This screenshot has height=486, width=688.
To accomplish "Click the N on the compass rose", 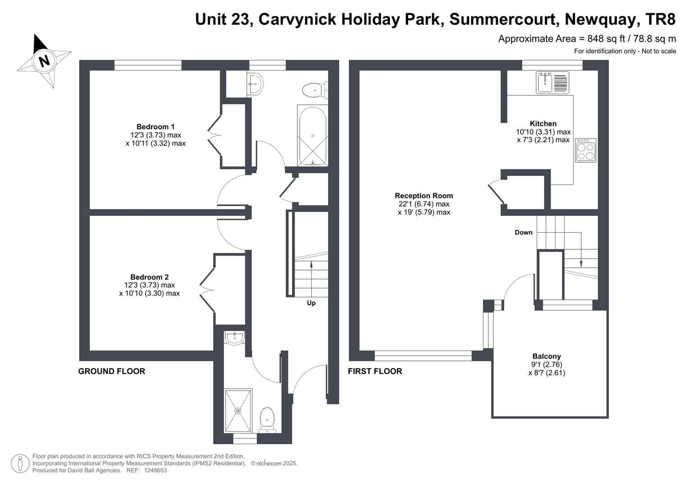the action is click(45, 61).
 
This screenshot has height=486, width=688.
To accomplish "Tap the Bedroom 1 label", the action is click(155, 127).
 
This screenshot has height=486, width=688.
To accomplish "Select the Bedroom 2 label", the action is click(149, 277).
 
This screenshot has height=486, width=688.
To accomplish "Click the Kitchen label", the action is click(543, 124).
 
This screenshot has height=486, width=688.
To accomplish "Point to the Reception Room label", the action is click(424, 196).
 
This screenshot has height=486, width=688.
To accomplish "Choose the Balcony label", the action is click(547, 356).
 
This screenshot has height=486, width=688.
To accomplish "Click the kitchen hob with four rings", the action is click(586, 150).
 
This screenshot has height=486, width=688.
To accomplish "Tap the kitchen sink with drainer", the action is click(552, 82).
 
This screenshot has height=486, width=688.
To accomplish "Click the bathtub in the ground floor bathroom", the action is click(313, 136).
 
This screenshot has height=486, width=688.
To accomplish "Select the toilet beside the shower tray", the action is click(267, 420).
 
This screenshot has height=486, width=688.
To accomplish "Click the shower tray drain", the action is click(238, 411).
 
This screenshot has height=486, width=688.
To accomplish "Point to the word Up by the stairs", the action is click(311, 303).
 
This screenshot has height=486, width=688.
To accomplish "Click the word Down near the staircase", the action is click(524, 233).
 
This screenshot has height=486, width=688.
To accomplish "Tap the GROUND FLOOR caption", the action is click(111, 371).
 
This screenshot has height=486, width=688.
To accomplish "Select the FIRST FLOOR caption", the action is click(375, 371).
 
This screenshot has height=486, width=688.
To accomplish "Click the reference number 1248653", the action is click(155, 470).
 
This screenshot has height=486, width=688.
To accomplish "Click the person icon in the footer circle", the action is click(20, 463).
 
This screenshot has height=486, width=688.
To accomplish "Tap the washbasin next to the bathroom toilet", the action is click(255, 83).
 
